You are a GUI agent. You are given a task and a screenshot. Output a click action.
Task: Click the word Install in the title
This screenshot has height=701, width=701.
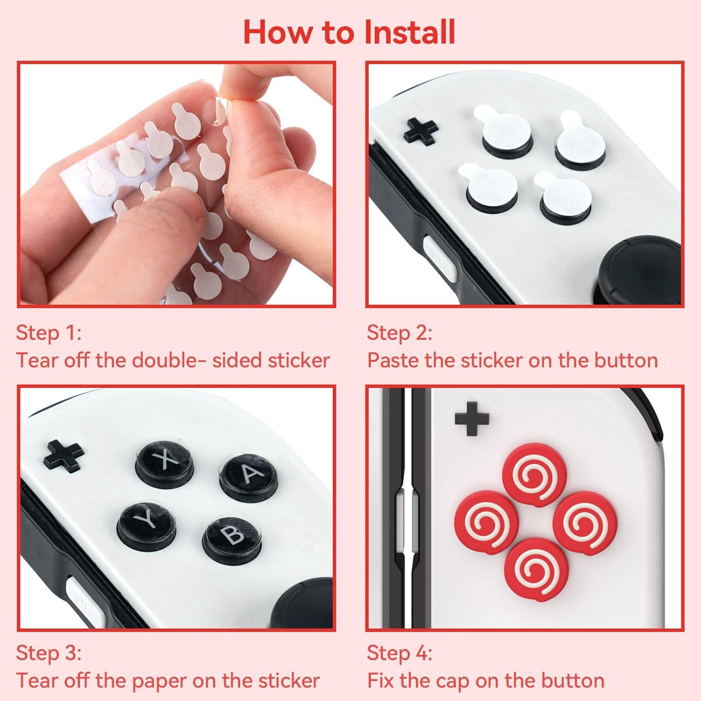409,32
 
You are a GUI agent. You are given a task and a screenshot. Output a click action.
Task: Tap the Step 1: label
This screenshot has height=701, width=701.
49,333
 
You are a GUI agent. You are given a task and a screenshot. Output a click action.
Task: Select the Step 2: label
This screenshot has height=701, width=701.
400,333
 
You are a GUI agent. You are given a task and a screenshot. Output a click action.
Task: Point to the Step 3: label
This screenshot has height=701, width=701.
49,653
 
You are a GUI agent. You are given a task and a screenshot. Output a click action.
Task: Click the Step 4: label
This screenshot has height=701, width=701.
400,653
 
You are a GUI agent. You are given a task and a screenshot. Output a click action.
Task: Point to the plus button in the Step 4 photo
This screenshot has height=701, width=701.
472,418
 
